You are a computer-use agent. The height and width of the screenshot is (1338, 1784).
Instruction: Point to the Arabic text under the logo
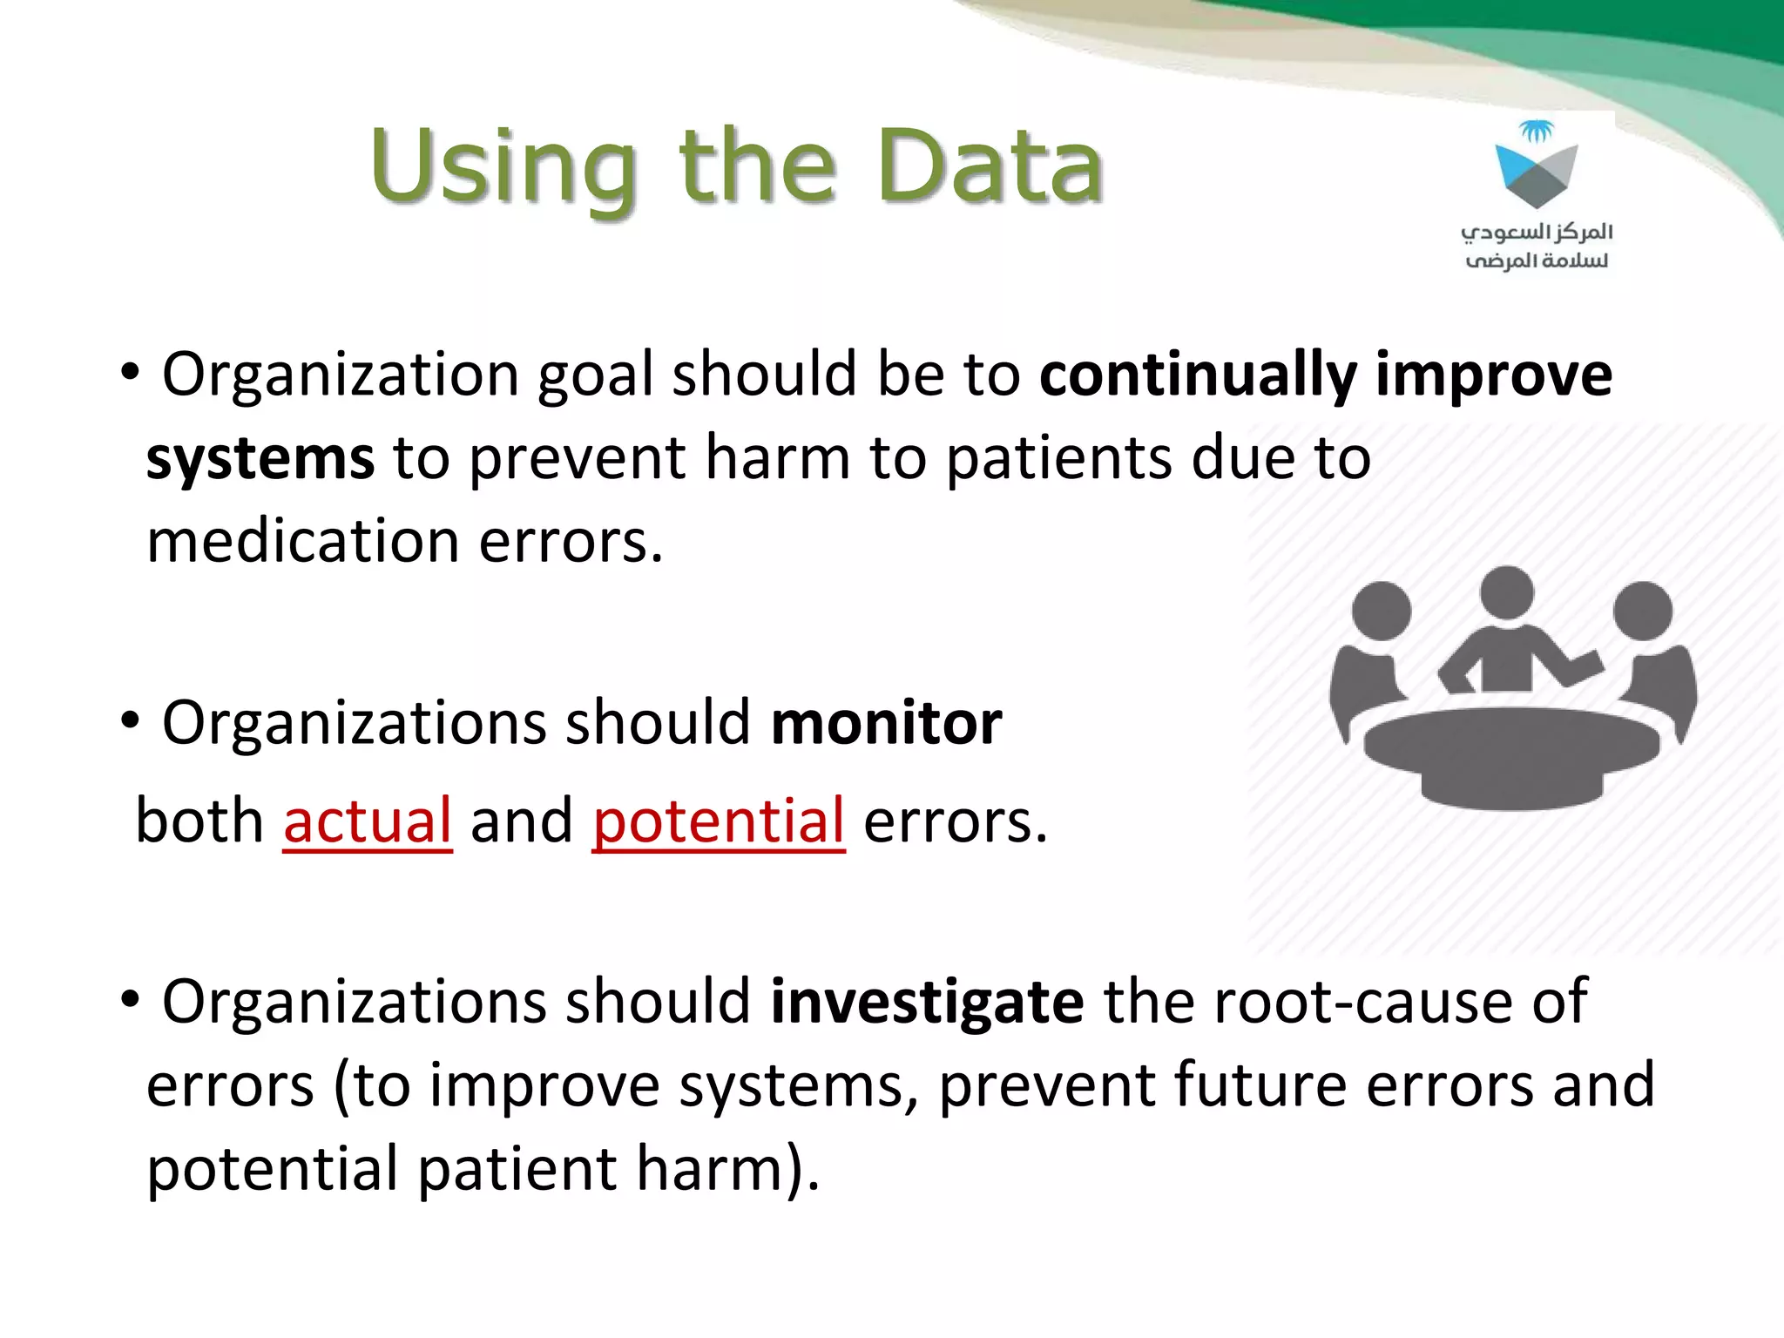coord(1537,246)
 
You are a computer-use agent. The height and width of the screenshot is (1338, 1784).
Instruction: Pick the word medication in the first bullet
coord(302,542)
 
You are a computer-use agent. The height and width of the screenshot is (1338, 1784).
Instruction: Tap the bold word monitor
coord(886,724)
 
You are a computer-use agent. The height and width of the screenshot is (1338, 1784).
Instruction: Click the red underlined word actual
coord(368,821)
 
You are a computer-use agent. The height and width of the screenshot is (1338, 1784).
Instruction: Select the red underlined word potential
coord(719,821)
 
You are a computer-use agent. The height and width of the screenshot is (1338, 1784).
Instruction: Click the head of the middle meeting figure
coord(1506,592)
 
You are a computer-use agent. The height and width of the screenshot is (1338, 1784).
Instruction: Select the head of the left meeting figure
coord(1382,611)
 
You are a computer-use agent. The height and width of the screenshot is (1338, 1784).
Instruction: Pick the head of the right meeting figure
coord(1642,611)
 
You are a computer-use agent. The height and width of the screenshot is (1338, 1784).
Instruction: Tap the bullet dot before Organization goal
coord(130,373)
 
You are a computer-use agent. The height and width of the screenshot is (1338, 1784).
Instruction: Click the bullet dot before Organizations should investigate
coord(130,1000)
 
